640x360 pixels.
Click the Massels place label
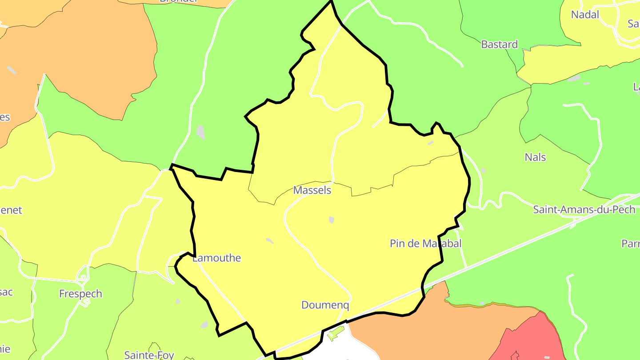click(x=312, y=190)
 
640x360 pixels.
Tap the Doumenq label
click(x=325, y=305)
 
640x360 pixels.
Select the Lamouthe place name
click(x=217, y=258)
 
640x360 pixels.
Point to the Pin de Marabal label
click(x=425, y=244)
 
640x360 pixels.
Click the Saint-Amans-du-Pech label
click(x=584, y=210)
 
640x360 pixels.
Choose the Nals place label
click(x=535, y=157)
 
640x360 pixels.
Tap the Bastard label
click(x=499, y=44)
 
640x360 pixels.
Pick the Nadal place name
click(x=585, y=15)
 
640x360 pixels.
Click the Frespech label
click(x=80, y=294)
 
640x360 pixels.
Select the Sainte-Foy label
click(x=149, y=355)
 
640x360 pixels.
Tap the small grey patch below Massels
click(x=331, y=220)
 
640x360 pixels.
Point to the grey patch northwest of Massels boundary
click(x=201, y=132)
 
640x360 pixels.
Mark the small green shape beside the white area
click(x=336, y=333)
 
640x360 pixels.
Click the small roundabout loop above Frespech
click(x=82, y=278)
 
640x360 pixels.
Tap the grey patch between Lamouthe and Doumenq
click(x=269, y=240)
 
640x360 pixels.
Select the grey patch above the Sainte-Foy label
click(x=204, y=325)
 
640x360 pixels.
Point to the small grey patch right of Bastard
click(x=574, y=78)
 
